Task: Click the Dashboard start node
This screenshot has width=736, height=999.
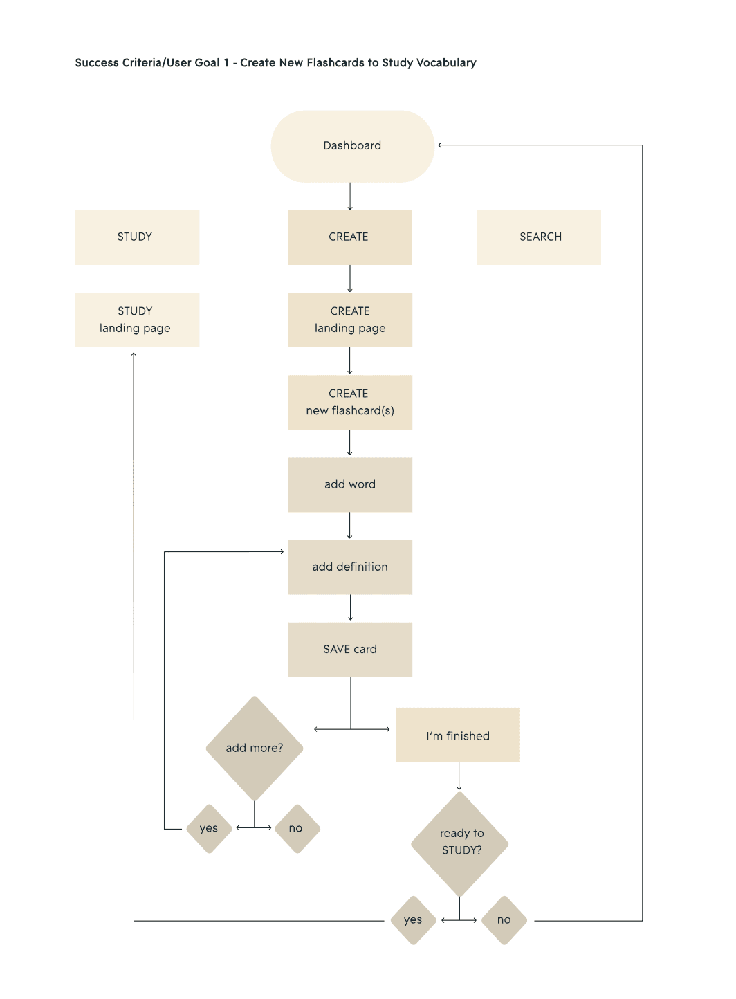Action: coord(352,146)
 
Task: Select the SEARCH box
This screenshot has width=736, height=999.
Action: coord(539,237)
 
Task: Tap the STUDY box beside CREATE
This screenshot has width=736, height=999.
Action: coord(137,237)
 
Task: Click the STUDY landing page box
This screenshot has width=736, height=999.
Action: coord(137,320)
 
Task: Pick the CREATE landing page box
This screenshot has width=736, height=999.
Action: coord(350,320)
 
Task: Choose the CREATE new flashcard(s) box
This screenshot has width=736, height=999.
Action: coord(350,402)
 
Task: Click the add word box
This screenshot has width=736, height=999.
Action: coord(350,485)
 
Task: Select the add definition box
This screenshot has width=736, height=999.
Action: coord(350,567)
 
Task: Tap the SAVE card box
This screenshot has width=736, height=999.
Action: coord(350,650)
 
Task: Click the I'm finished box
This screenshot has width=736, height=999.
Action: coord(457,735)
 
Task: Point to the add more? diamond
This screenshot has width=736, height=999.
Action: coord(255,749)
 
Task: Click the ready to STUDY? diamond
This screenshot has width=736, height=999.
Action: coord(459,844)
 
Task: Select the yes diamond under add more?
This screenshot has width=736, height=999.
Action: coord(209,829)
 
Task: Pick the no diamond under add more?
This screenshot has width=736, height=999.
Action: coord(297,829)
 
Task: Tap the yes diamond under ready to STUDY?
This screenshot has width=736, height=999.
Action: coord(413,920)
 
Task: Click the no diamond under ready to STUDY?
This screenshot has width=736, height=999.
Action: coord(504,920)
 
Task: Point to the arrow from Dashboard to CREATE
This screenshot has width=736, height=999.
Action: coord(350,196)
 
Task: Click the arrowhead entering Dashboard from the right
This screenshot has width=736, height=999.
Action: coord(441,145)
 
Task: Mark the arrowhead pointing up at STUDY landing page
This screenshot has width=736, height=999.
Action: coord(134,354)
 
